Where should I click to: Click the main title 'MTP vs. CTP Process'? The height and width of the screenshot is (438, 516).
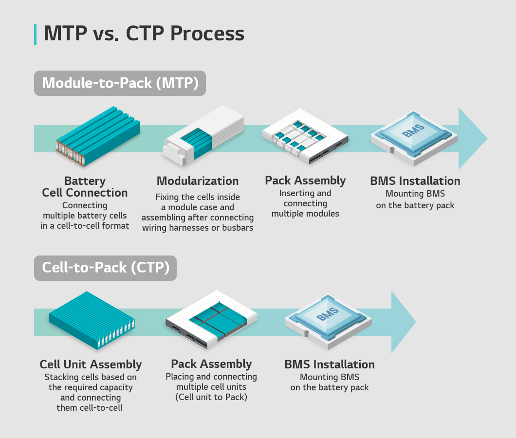click(144, 34)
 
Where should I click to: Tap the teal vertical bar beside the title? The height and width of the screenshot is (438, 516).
click(35, 34)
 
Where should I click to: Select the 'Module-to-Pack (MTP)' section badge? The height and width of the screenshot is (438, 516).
click(120, 83)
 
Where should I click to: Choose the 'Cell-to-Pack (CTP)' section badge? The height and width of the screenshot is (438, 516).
click(105, 268)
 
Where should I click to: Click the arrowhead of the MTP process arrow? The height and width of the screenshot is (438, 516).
click(471, 138)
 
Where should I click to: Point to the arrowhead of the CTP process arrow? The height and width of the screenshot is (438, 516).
click(402, 322)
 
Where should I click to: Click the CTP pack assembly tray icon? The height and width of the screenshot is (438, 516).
click(211, 319)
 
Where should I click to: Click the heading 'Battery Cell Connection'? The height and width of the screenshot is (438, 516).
click(85, 187)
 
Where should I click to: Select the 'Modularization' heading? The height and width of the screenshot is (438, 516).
click(198, 181)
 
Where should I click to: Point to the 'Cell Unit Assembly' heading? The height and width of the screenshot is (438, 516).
click(91, 365)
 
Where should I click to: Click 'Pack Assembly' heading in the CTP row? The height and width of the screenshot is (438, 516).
click(211, 364)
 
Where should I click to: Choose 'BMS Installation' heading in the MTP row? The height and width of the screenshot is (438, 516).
click(415, 181)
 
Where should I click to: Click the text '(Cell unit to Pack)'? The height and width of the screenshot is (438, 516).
click(211, 397)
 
